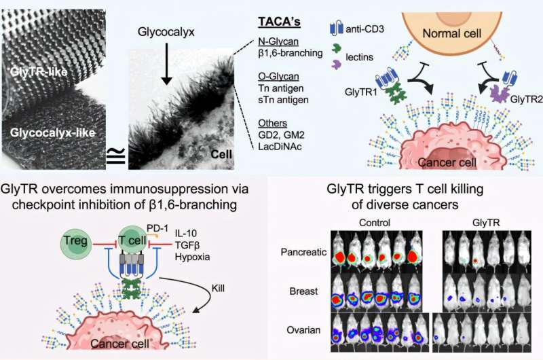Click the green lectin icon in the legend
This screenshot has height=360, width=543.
click(x=337, y=50)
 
